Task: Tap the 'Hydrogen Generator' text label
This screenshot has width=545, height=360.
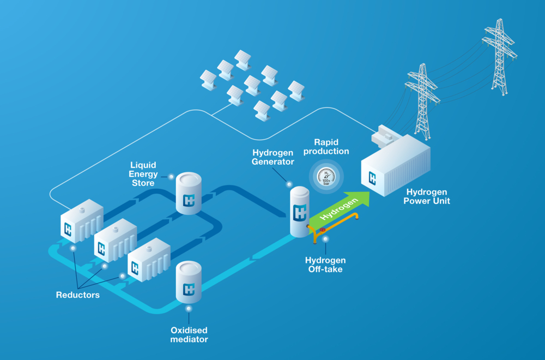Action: click(273, 157)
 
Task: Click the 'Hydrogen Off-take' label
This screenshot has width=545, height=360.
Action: click(325, 265)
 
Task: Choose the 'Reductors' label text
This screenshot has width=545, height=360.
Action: click(78, 295)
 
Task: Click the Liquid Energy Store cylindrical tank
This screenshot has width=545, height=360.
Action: click(189, 194)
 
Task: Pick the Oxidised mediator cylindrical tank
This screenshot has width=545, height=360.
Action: click(189, 281)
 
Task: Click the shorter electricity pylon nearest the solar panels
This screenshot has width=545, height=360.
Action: click(421, 98)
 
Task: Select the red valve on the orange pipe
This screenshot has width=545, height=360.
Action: click(323, 230)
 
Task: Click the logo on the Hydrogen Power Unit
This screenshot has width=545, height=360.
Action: click(373, 177)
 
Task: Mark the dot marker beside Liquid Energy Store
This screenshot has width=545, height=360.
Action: click(171, 176)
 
